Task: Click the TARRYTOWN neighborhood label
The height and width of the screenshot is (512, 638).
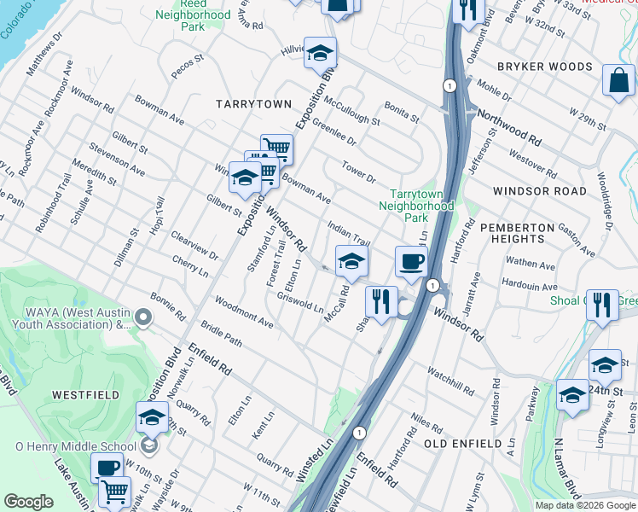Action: (253, 103)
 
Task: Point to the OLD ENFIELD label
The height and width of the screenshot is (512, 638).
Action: (463, 444)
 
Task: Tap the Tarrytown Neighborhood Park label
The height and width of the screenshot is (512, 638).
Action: (415, 207)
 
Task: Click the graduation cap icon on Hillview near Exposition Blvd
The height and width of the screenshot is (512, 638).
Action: (320, 52)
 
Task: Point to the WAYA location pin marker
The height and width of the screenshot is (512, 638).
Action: (143, 318)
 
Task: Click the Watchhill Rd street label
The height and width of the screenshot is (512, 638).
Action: (451, 381)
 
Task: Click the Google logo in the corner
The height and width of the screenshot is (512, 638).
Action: (28, 502)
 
